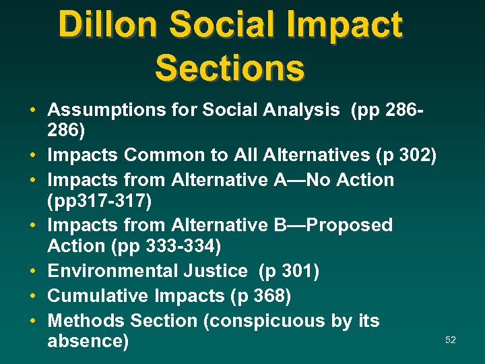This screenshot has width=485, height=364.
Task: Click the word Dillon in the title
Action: (x=108, y=25)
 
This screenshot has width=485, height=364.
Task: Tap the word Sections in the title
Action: (x=230, y=67)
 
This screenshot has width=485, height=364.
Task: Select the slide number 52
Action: (x=451, y=340)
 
